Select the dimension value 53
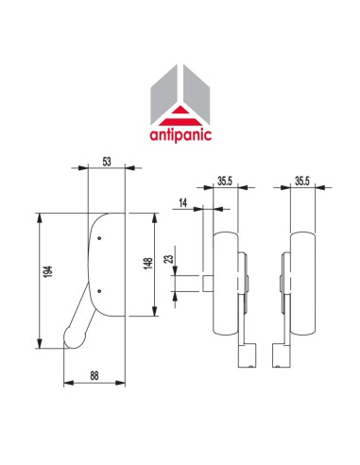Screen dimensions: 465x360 pos(106,163)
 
